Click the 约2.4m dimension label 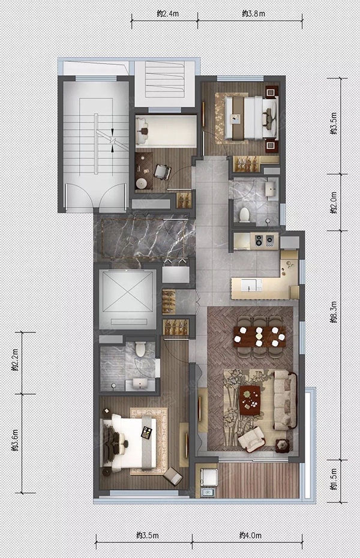[167, 14]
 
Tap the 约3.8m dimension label [254, 14]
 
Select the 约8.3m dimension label [334, 313]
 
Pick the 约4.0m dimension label [250, 535]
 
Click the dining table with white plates [259, 336]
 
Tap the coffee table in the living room [250, 400]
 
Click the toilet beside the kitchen [244, 215]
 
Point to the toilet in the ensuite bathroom [140, 349]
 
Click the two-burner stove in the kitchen [264, 241]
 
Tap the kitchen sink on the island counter [251, 286]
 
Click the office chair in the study [162, 172]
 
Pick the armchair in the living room [251, 439]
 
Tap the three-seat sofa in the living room [285, 400]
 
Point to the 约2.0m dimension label [334, 202]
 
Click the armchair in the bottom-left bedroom [173, 475]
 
